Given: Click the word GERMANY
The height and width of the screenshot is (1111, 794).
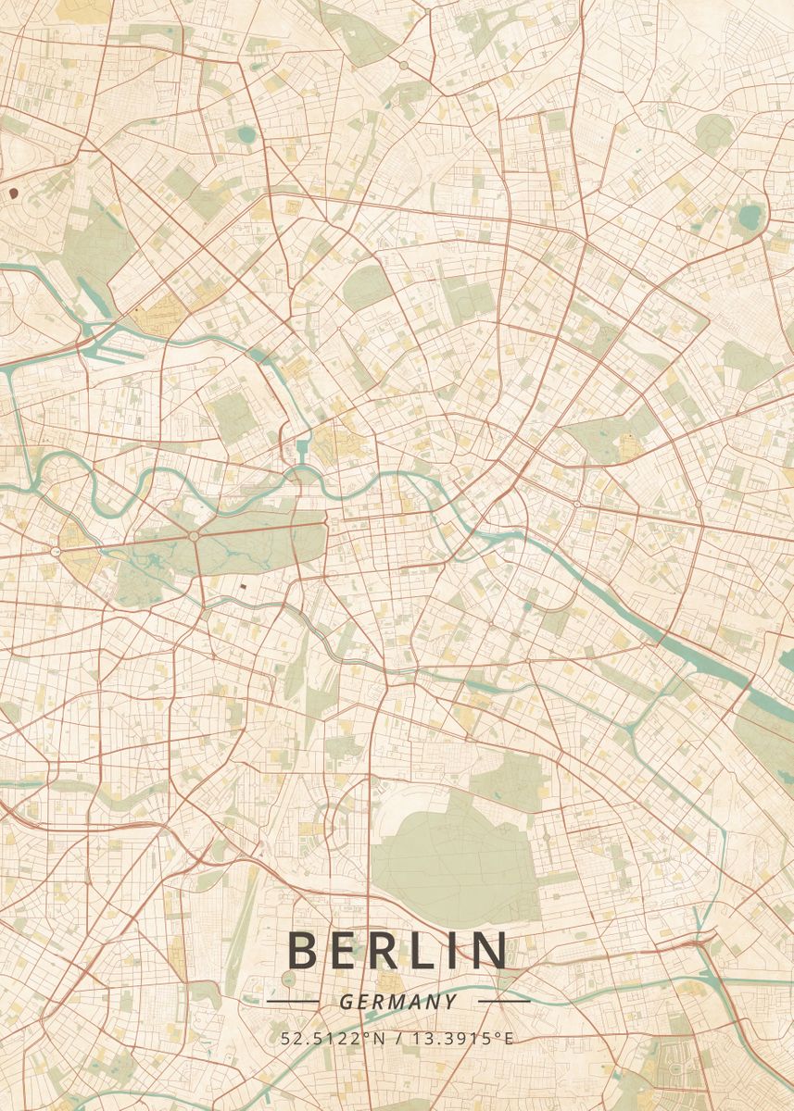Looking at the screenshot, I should (397, 1002).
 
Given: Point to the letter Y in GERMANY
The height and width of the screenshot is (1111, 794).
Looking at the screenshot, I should (450, 1002).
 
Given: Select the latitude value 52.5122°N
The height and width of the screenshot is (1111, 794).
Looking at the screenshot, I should (333, 1038).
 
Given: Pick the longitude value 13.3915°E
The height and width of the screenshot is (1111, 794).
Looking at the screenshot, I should (467, 1038).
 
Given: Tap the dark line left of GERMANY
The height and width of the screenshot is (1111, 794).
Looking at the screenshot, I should (292, 1001).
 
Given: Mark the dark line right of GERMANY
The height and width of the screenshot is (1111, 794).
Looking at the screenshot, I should (504, 1001).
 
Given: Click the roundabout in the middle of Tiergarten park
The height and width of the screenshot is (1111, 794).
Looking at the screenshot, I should (194, 536).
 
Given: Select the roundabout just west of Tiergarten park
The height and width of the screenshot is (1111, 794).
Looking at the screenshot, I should (57, 552).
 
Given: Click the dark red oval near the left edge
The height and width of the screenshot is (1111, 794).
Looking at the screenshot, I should (13, 193).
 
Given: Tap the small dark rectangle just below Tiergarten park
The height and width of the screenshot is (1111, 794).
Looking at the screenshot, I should (243, 586).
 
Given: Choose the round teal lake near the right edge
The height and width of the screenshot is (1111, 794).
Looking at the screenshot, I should (748, 218).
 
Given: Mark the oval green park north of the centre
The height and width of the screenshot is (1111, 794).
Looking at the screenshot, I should (366, 285).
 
